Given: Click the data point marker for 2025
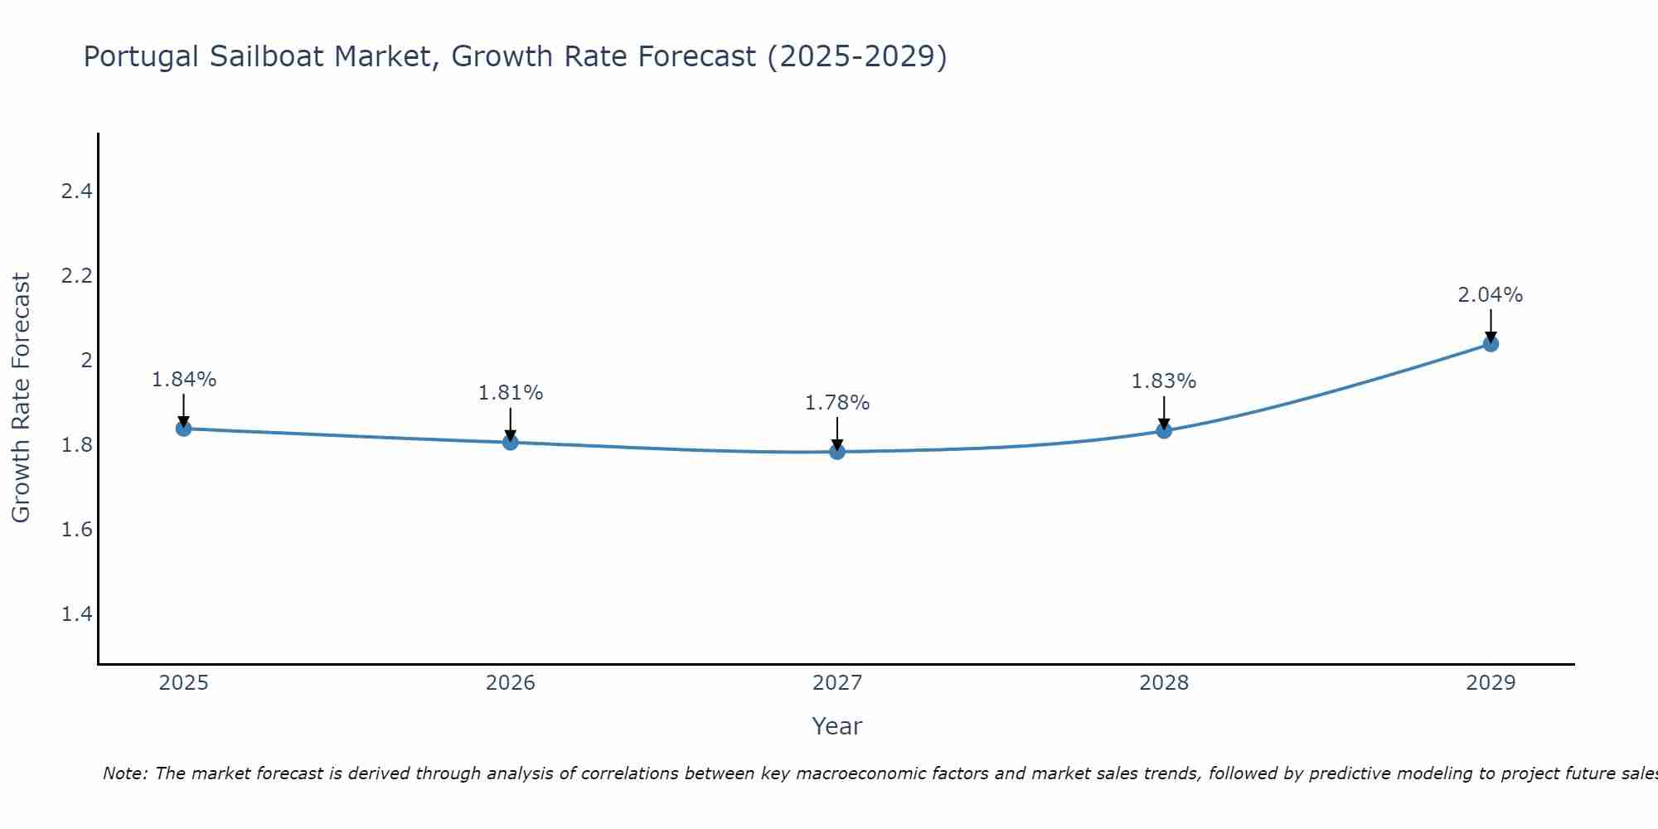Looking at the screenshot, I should point(183,429).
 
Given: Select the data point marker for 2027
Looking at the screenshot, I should point(837,452).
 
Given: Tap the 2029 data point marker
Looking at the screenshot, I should point(1491,344).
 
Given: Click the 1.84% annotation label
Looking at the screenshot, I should point(183,380).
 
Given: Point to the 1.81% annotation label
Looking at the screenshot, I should point(510,393).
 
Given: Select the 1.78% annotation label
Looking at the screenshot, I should point(837,403).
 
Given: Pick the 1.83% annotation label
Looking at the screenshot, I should point(1164,381).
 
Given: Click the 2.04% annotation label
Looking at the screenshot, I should point(1491,295).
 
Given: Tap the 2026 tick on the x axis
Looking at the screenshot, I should point(510,683).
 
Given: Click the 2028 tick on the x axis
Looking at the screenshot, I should point(1164,683).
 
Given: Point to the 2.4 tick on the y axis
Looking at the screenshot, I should point(76,191).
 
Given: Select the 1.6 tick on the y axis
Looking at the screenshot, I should point(76,530).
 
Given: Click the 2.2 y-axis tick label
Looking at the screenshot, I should point(76,276).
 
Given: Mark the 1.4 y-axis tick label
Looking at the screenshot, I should point(76,614).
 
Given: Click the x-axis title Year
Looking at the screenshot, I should point(837,726).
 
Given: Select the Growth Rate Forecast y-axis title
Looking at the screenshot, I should point(21,398).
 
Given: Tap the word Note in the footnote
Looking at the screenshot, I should point(124,773).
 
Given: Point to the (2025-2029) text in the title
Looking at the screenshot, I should point(857,56).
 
